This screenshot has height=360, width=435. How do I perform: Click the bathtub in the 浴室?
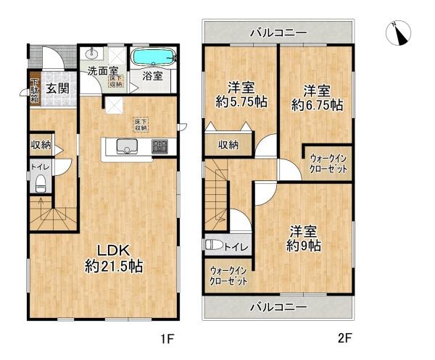[x=152, y=56]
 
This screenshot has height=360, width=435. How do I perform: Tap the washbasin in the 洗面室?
[x=91, y=54]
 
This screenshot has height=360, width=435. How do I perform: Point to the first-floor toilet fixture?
[x=40, y=181]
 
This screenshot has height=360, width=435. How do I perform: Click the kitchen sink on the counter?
[x=122, y=148]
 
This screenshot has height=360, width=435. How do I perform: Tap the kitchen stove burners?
[x=159, y=148]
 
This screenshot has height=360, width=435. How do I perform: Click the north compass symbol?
[x=399, y=33]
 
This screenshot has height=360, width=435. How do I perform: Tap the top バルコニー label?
[x=278, y=33]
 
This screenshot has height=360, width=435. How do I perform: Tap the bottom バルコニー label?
[x=278, y=307]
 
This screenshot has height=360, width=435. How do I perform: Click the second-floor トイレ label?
[x=239, y=247]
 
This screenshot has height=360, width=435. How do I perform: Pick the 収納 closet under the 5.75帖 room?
[x=227, y=145]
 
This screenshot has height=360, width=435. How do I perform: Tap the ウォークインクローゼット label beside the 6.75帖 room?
[x=328, y=162]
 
